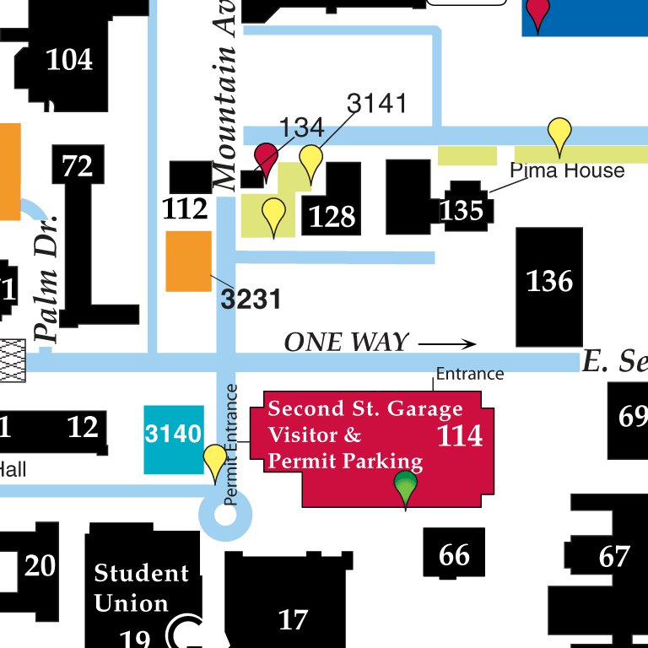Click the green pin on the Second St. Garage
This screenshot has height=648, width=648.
pyautogui.click(x=406, y=487)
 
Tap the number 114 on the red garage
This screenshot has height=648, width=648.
pyautogui.click(x=460, y=435)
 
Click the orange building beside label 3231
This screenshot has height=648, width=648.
pyautogui.click(x=188, y=262)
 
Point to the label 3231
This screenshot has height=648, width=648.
pyautogui.click(x=251, y=299)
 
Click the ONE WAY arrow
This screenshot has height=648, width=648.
pyautogui.click(x=447, y=343)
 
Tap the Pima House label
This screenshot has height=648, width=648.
pyautogui.click(x=568, y=171)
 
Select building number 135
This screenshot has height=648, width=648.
pyautogui.click(x=462, y=209)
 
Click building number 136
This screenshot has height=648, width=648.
pyautogui.click(x=549, y=282)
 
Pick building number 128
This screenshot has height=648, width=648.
pyautogui.click(x=332, y=217)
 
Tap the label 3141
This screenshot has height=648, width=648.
pyautogui.click(x=377, y=104)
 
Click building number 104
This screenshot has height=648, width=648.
pyautogui.click(x=69, y=60)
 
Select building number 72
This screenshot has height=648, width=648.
pyautogui.click(x=77, y=166)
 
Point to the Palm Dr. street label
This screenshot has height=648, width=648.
pyautogui.click(x=48, y=278)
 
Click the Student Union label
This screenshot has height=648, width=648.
pyautogui.click(x=141, y=588)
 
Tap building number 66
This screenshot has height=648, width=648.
pyautogui.click(x=454, y=555)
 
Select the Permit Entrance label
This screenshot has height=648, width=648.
pyautogui.click(x=232, y=445)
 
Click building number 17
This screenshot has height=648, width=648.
pyautogui.click(x=293, y=620)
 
